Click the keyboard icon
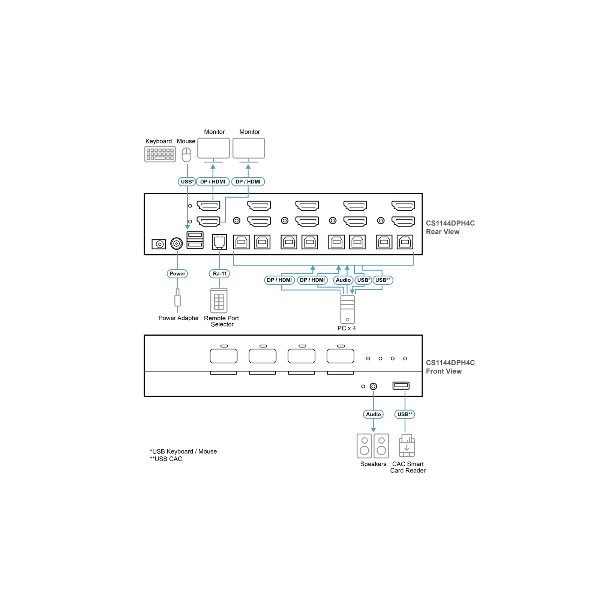160,154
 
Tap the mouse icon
186,154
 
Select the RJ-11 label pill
219,274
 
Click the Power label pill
177,274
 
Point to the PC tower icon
348,309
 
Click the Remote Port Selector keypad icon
219,300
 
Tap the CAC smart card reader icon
407,445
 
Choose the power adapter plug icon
177,300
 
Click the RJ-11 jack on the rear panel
219,242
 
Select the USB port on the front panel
401,385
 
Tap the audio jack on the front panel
373,386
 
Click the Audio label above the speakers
373,414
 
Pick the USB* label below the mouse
187,182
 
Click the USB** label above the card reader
405,414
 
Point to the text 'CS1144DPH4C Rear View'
450,227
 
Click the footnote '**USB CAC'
166,459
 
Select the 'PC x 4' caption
346,328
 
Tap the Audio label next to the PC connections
343,280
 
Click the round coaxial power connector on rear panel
177,244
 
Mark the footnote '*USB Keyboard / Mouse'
183,451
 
